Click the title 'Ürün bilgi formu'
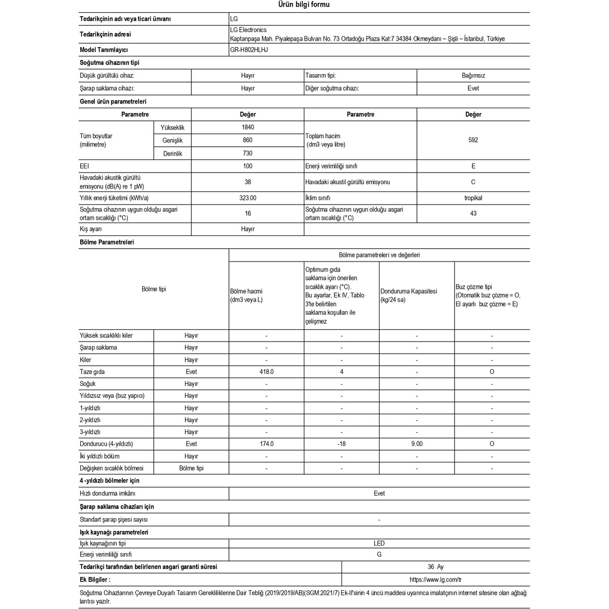[304, 5]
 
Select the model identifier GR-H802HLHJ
[249, 50]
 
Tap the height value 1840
[248, 127]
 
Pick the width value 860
[248, 140]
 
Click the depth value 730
[248, 153]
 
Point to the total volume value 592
[473, 140]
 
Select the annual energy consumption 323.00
[248, 198]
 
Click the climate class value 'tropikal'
[473, 198]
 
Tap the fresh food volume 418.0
[266, 372]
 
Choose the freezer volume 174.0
[266, 444]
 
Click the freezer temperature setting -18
[342, 444]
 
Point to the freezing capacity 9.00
[417, 444]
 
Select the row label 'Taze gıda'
[92, 372]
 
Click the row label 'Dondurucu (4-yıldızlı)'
[106, 444]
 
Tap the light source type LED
[379, 544]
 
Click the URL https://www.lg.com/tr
[435, 580]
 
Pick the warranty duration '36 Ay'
[435, 567]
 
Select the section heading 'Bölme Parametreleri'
[107, 243]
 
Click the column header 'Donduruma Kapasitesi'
[409, 292]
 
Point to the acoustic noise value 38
[248, 182]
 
